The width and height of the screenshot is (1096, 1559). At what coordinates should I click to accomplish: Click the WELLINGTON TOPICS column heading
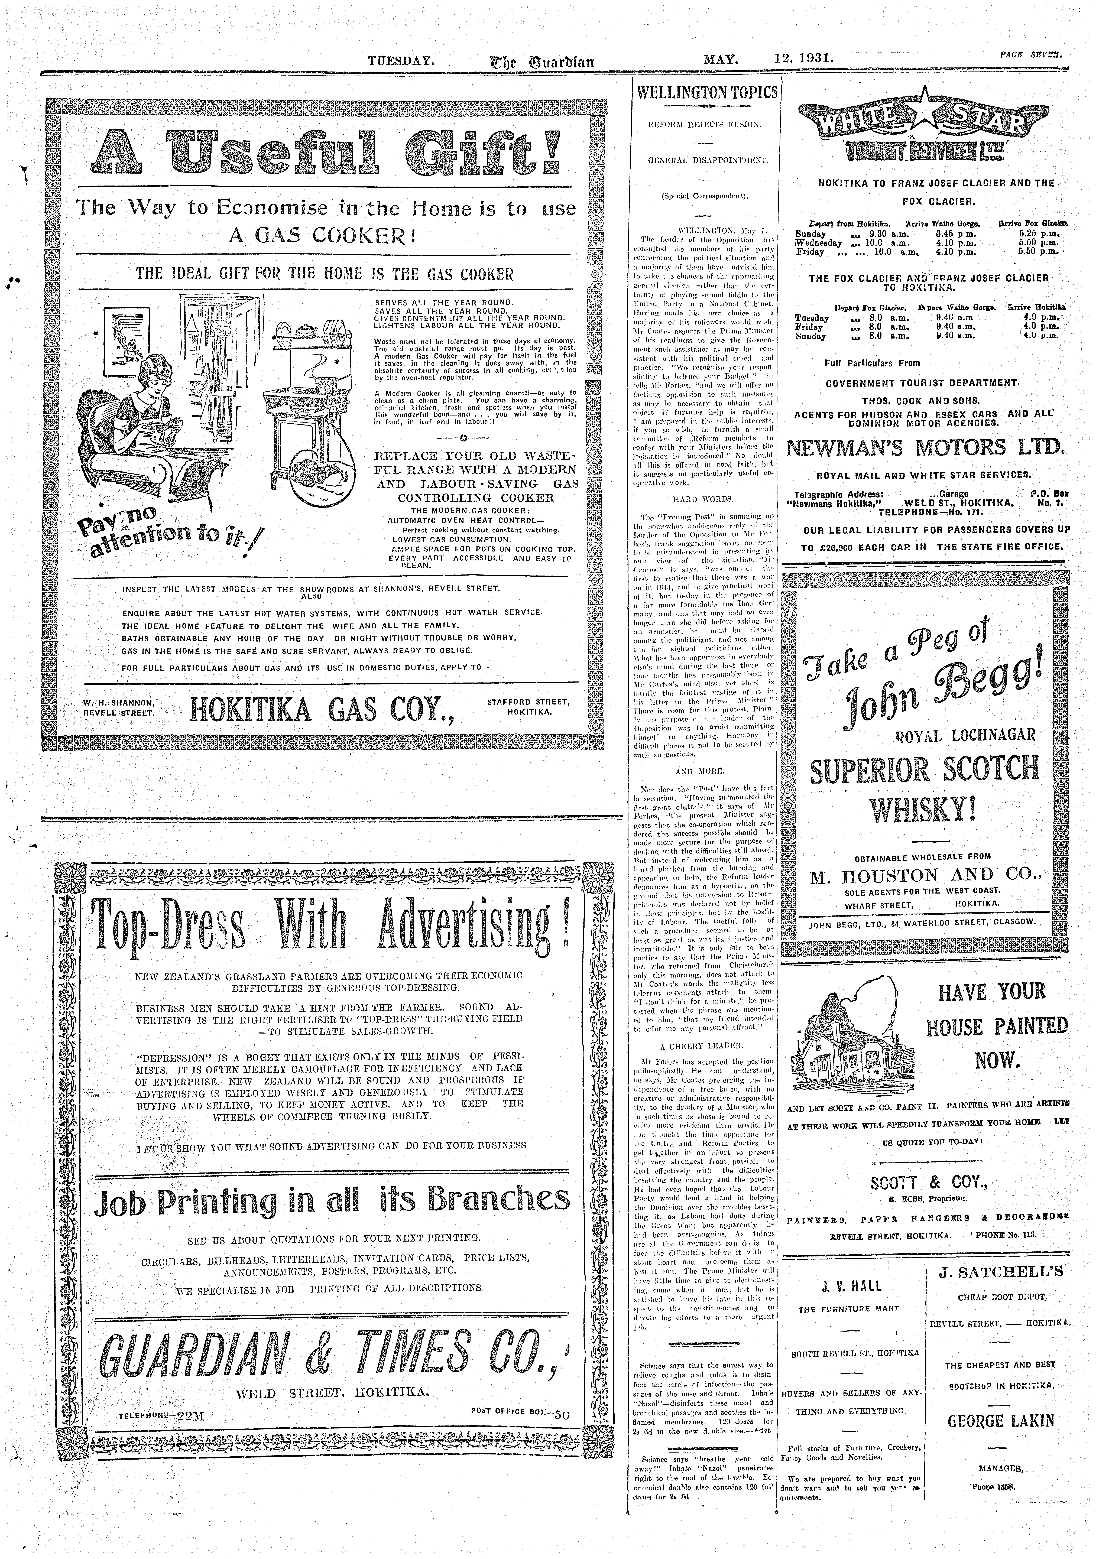(x=704, y=92)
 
